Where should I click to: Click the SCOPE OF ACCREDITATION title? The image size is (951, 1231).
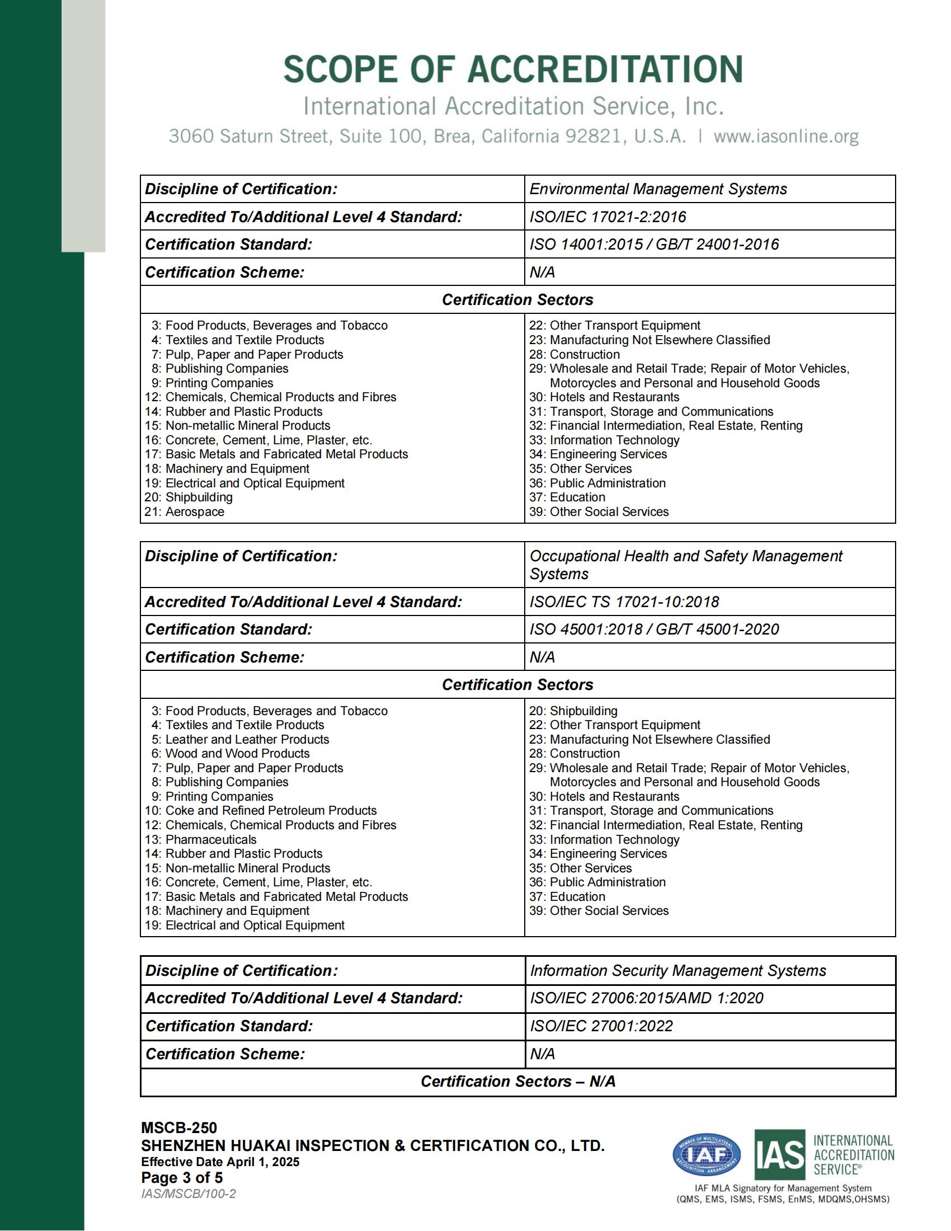(x=512, y=70)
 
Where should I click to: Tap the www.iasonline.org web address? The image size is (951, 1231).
(x=786, y=137)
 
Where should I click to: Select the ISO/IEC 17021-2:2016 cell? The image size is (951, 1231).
(x=608, y=217)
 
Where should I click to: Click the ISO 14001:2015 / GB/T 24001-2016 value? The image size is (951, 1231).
(x=653, y=245)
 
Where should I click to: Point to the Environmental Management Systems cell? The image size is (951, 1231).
(x=657, y=189)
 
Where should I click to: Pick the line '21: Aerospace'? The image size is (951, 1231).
(x=185, y=512)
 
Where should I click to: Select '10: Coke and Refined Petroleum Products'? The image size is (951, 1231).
(x=261, y=811)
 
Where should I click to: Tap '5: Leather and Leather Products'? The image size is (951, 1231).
(x=241, y=740)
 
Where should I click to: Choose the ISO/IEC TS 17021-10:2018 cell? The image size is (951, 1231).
(x=624, y=602)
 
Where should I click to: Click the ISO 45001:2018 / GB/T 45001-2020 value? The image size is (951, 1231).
(x=653, y=629)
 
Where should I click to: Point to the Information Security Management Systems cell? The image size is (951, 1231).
(x=677, y=971)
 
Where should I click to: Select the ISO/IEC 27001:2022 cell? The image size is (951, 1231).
(x=601, y=1026)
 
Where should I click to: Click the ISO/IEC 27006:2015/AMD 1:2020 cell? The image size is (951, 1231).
(x=646, y=998)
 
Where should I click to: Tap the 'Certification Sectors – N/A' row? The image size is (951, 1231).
(x=518, y=1082)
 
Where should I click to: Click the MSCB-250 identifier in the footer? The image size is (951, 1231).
(x=179, y=1128)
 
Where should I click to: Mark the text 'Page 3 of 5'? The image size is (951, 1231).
(x=182, y=1177)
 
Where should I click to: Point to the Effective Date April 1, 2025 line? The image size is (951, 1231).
(x=220, y=1162)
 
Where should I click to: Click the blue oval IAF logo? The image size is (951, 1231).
(x=707, y=1155)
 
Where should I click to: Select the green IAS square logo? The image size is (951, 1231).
(x=780, y=1155)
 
